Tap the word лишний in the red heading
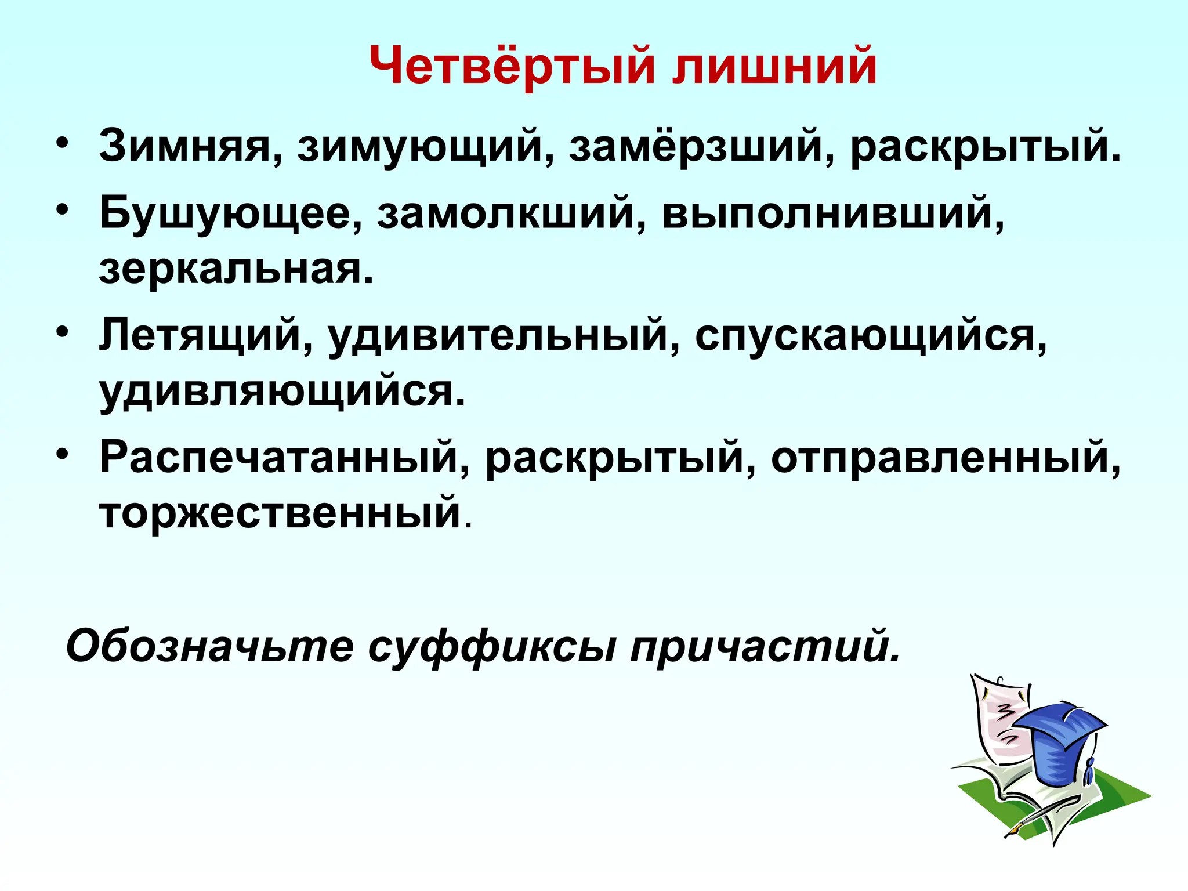[x=775, y=65]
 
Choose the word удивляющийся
[x=282, y=393]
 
